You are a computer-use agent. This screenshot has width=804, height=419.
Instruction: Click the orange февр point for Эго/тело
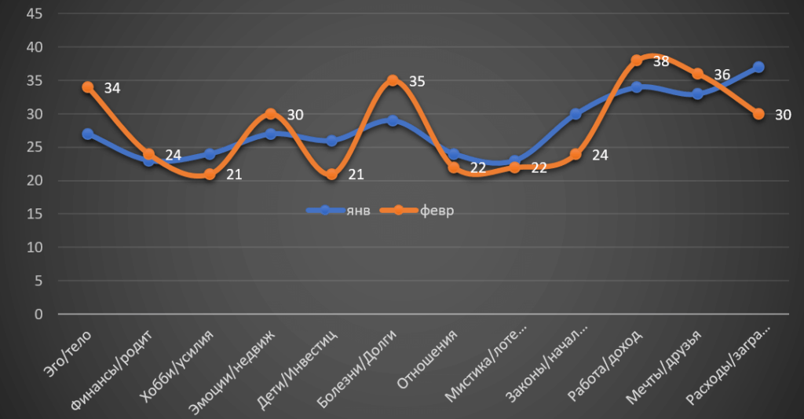coord(88,87)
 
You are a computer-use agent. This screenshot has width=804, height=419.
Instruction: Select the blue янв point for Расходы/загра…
coord(758,68)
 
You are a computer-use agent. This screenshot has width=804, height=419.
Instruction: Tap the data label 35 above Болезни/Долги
coord(416,81)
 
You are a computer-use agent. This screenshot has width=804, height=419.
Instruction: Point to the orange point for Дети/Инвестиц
coord(331,175)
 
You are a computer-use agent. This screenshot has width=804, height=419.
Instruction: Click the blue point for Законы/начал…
coord(576,114)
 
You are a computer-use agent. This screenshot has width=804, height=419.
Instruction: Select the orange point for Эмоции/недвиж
coord(271,114)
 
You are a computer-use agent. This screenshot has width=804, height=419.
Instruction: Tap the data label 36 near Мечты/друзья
coord(722,75)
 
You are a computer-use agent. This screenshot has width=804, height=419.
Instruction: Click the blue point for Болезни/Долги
coord(393,121)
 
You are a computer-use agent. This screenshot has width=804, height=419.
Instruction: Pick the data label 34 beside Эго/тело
coord(111,88)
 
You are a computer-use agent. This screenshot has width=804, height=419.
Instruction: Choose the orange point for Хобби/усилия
coord(210,175)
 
